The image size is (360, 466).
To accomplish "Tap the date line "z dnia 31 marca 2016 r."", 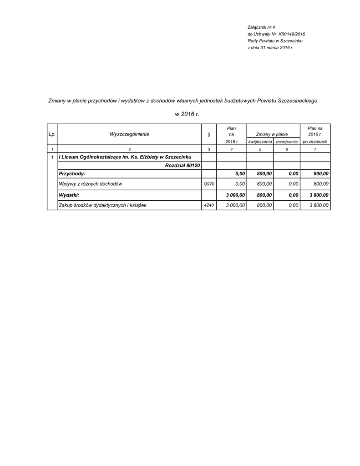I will coord(270,47).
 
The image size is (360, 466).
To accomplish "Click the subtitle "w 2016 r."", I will coord(187,114).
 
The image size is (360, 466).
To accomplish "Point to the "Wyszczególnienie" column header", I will coord(129,134).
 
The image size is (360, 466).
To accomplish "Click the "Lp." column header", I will coord(52,134).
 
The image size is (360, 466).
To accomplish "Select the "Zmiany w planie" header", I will coord(272,134).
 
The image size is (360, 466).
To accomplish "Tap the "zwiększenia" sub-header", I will coord(260,142).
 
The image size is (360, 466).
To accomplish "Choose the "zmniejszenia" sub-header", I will coord(286,142).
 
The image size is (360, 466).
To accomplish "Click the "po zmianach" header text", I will coord(315,142).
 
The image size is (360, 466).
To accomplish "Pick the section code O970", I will coord(208,184).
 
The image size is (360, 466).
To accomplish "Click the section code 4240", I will coord(208,205).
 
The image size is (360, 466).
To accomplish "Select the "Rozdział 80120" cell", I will coord(183,165).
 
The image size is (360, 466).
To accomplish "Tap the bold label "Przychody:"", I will coord(72,173).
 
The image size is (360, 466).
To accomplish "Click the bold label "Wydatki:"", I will coord(69,195).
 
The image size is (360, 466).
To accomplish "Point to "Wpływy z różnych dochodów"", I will coord(91,184).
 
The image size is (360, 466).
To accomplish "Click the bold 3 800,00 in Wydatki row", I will coord(319,195).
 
